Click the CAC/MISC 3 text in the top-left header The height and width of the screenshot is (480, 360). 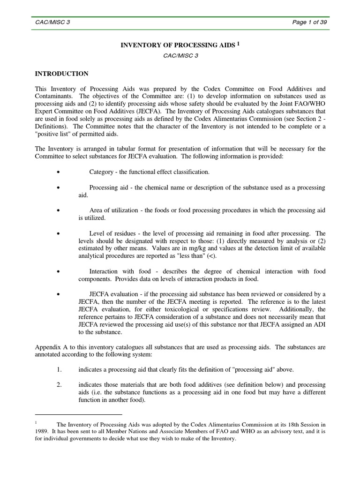click(x=52, y=22)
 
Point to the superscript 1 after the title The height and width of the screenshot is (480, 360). click(x=238, y=44)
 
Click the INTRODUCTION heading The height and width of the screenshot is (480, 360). click(x=62, y=74)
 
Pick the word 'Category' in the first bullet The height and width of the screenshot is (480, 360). click(x=101, y=172)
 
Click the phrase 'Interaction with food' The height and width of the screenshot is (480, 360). click(x=120, y=271)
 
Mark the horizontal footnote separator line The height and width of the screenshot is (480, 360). click(x=79, y=414)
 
